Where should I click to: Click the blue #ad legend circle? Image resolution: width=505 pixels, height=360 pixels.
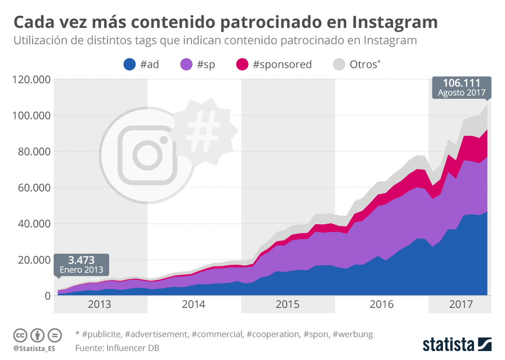point(129,65)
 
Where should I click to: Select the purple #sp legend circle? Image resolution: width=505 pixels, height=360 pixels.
point(187,65)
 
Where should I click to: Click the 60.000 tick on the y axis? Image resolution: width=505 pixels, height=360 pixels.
point(33,187)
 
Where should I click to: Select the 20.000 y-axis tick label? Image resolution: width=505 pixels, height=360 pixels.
point(33,259)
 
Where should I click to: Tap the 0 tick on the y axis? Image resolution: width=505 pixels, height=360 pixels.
point(46,296)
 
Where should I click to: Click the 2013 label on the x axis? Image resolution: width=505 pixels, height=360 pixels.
point(99,304)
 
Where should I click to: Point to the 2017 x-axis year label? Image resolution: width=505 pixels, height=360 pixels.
point(461,304)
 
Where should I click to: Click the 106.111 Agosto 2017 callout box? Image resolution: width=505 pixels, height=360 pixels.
point(461,87)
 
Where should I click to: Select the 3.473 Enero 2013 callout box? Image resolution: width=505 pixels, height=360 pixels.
point(82,264)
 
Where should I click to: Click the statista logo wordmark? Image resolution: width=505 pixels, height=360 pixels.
point(449,345)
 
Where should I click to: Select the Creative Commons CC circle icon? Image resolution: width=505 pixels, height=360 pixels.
point(20,335)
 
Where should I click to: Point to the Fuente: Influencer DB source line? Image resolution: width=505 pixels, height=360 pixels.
point(117,348)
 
